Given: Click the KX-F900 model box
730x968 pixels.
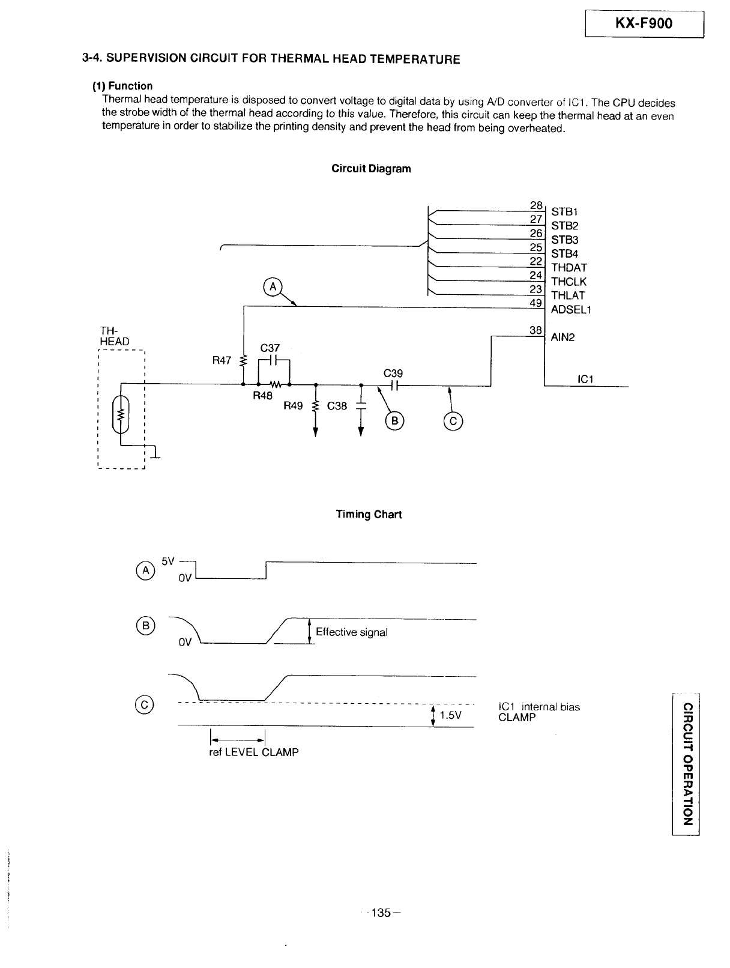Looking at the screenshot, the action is tap(644, 23).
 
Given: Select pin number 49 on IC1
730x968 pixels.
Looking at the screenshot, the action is tap(535, 303).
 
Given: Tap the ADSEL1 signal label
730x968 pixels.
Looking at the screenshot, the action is tap(571, 310).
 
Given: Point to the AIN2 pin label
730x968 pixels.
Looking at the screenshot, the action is tap(563, 337).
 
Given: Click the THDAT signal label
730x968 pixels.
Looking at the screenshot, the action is tap(569, 268).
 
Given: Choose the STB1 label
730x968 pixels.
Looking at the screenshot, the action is tap(564, 212).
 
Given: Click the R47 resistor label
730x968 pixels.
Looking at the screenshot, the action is tap(222, 360).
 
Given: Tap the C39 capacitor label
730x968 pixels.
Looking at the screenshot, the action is tap(393, 373).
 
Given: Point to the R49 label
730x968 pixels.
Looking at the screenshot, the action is tap(293, 405).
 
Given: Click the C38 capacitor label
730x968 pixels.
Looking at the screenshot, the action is tap(337, 406).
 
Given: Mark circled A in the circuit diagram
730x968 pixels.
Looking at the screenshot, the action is tap(273, 287).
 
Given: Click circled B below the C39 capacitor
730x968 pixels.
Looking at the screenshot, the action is tap(394, 421).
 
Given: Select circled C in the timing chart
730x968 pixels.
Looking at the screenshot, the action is tap(145, 704).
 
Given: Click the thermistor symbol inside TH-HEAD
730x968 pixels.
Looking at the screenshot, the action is tap(121, 414).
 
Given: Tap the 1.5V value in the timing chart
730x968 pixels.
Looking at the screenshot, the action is tap(450, 715).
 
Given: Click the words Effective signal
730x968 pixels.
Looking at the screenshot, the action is tap(351, 632).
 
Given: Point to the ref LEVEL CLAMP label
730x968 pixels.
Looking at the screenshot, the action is tap(253, 752).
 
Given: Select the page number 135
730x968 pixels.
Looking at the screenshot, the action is tap(381, 912).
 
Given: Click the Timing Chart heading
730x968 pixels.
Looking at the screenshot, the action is tap(369, 514).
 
